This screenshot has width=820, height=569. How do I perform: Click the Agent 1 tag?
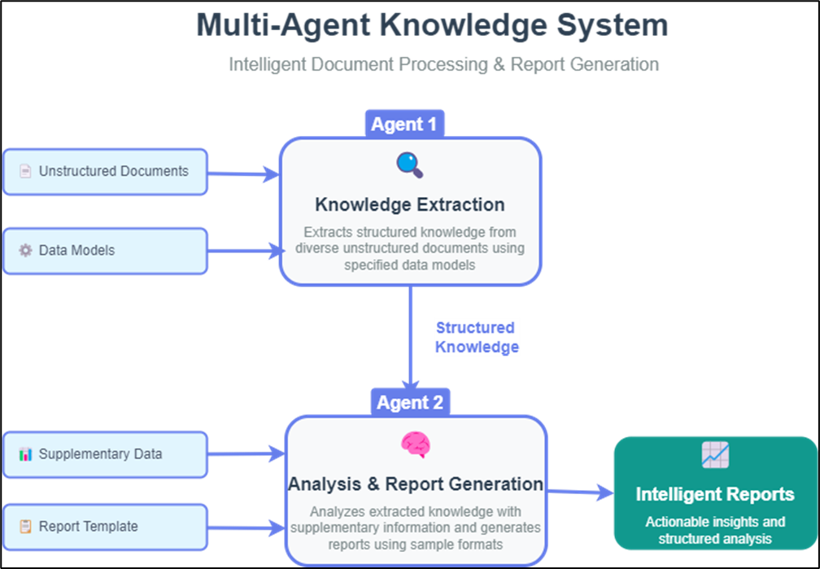pyautogui.click(x=404, y=124)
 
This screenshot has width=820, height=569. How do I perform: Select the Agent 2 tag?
pyautogui.click(x=411, y=402)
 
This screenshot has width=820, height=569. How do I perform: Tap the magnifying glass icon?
pyautogui.click(x=409, y=164)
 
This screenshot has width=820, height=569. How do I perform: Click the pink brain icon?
pyautogui.click(x=415, y=444)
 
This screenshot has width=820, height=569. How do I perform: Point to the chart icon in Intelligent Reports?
pyautogui.click(x=715, y=454)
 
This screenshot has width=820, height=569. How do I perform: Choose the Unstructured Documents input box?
pyautogui.click(x=105, y=172)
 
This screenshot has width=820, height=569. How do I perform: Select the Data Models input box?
pyautogui.click(x=105, y=250)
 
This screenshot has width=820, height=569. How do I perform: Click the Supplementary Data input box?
pyautogui.click(x=105, y=454)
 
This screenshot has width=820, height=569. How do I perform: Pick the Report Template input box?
pyautogui.click(x=105, y=527)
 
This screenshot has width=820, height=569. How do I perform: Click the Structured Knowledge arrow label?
pyautogui.click(x=476, y=337)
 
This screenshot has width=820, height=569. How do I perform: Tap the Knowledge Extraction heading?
pyautogui.click(x=409, y=204)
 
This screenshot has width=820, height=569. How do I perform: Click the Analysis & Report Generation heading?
pyautogui.click(x=415, y=484)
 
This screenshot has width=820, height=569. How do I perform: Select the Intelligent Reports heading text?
pyautogui.click(x=714, y=494)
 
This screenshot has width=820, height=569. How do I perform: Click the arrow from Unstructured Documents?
pyautogui.click(x=244, y=173)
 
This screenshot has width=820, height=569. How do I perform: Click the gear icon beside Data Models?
pyautogui.click(x=25, y=250)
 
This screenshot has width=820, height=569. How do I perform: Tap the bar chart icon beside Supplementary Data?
pyautogui.click(x=25, y=454)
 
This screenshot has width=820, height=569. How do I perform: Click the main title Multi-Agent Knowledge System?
pyautogui.click(x=432, y=24)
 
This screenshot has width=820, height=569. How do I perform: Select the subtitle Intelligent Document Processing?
pyautogui.click(x=443, y=64)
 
